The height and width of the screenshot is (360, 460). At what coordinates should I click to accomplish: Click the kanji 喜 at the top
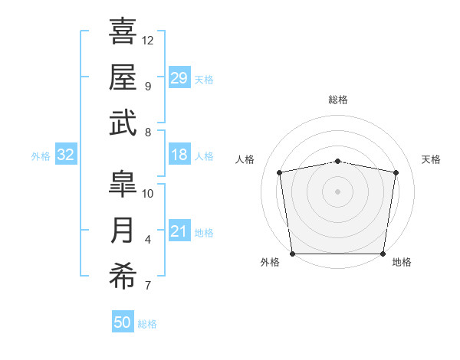click(x=123, y=31)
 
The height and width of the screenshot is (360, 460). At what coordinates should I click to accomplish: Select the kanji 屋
click(x=123, y=77)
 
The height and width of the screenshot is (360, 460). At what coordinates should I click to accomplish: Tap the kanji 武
click(x=123, y=123)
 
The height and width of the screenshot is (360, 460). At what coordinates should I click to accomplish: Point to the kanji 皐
click(x=123, y=184)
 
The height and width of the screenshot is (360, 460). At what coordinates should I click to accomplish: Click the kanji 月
click(x=122, y=230)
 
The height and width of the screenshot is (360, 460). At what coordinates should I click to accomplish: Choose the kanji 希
click(x=123, y=276)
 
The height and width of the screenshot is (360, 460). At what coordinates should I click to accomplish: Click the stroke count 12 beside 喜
click(x=147, y=41)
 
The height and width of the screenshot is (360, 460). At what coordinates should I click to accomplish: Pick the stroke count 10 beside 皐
click(x=147, y=194)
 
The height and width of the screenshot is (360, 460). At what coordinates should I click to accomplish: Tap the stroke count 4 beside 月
click(x=148, y=240)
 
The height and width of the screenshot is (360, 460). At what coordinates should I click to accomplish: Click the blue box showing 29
click(x=179, y=77)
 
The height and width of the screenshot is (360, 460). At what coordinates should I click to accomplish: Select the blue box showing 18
click(x=179, y=154)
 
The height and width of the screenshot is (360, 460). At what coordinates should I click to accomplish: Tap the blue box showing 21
click(x=179, y=230)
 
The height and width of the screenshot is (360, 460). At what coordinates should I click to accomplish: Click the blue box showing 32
click(x=66, y=154)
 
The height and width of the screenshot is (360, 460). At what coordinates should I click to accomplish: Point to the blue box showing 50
click(x=123, y=321)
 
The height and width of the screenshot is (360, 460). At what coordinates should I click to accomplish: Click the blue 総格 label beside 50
click(x=147, y=324)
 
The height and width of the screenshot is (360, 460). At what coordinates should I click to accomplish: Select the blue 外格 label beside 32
click(x=41, y=156)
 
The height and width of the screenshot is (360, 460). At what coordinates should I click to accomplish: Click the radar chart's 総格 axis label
click(x=338, y=100)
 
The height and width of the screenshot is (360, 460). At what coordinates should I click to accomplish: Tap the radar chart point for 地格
click(x=383, y=254)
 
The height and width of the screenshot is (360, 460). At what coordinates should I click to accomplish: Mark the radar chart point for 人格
click(x=279, y=172)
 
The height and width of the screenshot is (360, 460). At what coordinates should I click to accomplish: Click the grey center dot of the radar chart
click(x=337, y=191)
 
